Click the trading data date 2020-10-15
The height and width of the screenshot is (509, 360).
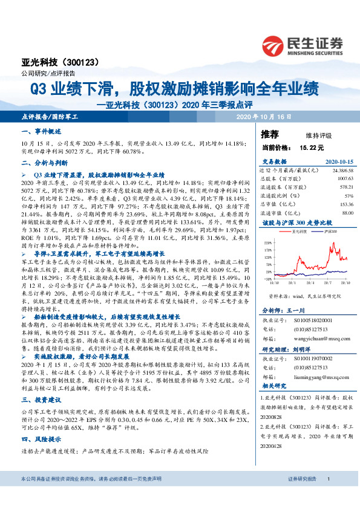coord(339,162)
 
